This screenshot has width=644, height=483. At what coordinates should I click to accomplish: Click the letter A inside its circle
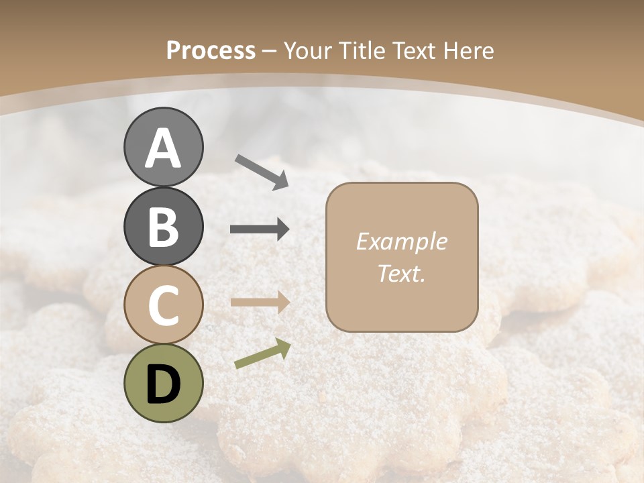pyautogui.click(x=163, y=148)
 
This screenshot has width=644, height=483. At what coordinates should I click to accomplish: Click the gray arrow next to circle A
pyautogui.click(x=262, y=172)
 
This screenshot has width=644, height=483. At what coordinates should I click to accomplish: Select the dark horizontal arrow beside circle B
pyautogui.click(x=260, y=229)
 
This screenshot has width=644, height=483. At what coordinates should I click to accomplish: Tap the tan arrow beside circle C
pyautogui.click(x=260, y=303)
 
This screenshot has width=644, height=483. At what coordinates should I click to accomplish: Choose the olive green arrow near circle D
pyautogui.click(x=262, y=354)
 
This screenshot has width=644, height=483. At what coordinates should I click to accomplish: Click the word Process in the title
pyautogui.click(x=211, y=50)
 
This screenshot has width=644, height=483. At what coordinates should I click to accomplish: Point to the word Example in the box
pyautogui.click(x=401, y=241)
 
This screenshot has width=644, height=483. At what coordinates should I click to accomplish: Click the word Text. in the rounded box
pyautogui.click(x=401, y=273)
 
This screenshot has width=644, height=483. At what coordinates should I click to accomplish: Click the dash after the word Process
pyautogui.click(x=270, y=52)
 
